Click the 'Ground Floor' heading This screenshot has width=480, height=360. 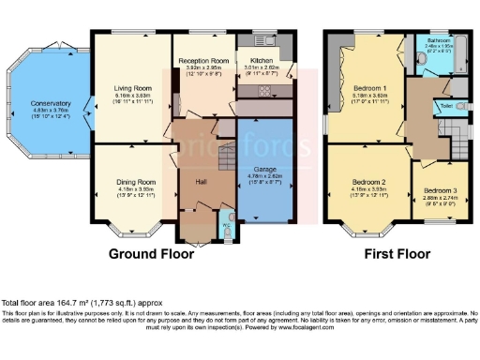pos(151,254)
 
